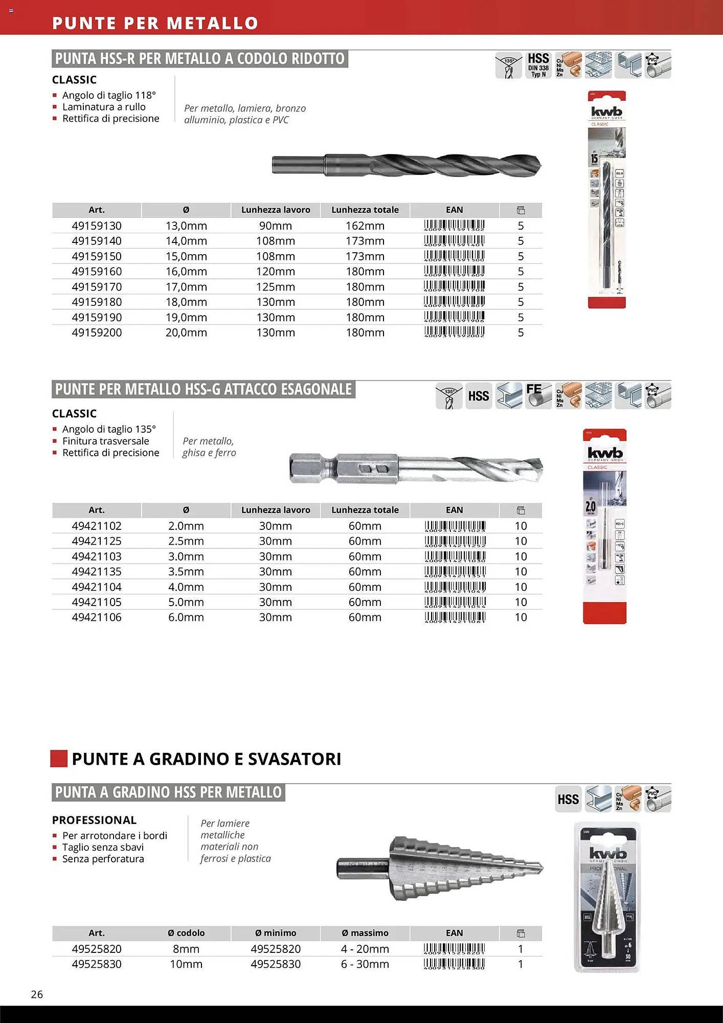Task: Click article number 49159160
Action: (x=97, y=272)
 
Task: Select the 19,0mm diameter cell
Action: (x=186, y=318)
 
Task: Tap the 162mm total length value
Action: (x=365, y=226)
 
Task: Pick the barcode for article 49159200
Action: (x=454, y=332)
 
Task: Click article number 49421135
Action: (x=97, y=572)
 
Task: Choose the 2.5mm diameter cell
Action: (x=186, y=541)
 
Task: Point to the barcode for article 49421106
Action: (x=455, y=617)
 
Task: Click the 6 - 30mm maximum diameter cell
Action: (x=365, y=964)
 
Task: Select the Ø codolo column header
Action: (x=186, y=933)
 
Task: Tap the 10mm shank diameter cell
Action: (x=186, y=964)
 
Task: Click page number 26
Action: (x=37, y=994)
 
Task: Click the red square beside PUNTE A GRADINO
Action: (x=59, y=759)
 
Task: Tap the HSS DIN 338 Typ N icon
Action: (x=538, y=65)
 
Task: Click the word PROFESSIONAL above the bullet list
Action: (x=94, y=820)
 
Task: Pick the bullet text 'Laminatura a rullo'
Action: (x=104, y=107)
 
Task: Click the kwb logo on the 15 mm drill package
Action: (x=606, y=112)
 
